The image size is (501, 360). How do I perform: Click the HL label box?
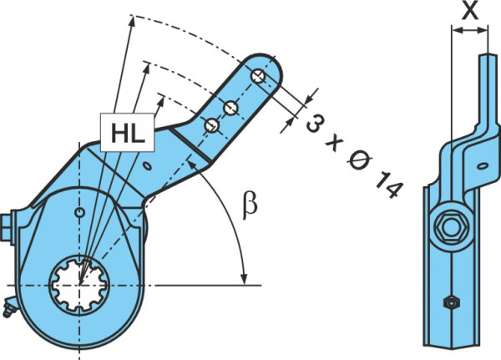(127, 132)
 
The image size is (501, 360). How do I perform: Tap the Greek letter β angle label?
(250, 205)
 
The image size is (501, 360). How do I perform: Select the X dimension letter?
(470, 11)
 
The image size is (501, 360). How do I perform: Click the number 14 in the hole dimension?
(388, 185)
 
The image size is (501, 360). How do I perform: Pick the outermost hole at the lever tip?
(258, 76)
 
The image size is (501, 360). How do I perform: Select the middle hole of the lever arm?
(230, 108)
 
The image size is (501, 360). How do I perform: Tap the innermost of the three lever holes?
(212, 125)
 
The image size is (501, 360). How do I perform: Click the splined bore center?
(79, 284)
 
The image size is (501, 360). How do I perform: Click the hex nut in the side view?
(450, 226)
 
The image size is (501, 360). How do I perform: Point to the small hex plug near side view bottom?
(451, 302)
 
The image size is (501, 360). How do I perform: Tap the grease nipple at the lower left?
(9, 308)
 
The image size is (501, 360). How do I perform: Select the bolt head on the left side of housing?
(7, 227)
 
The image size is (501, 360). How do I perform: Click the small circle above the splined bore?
(79, 212)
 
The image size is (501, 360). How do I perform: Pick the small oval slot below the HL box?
(147, 166)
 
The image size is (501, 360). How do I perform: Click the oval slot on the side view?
(482, 165)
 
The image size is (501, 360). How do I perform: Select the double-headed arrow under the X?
(469, 31)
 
